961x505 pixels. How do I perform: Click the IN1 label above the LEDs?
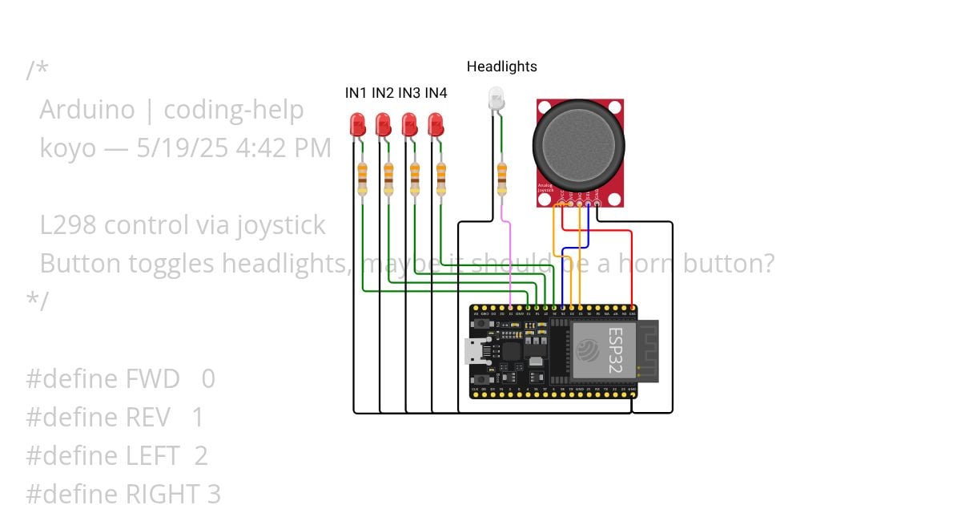[356, 93]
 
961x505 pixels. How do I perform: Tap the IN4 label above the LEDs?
[436, 93]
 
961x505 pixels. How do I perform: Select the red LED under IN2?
[384, 124]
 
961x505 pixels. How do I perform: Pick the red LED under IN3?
[409, 124]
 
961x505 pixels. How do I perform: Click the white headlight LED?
[497, 99]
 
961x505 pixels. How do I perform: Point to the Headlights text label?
[501, 67]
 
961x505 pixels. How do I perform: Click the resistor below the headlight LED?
[502, 178]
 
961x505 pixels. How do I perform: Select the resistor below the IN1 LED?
[362, 178]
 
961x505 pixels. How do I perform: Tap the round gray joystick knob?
[578, 144]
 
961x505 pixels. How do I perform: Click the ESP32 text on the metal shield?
[614, 349]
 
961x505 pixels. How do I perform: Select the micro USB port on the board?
[473, 350]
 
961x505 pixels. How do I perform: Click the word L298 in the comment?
[69, 225]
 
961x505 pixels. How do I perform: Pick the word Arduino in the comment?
[86, 110]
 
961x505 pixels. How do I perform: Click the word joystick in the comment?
[280, 225]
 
